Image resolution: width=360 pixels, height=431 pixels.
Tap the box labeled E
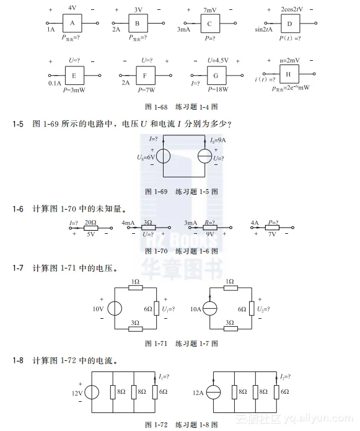[x=74, y=76]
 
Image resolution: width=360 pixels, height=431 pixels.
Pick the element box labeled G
[x=216, y=76]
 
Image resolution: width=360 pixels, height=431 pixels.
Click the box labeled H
[x=289, y=75]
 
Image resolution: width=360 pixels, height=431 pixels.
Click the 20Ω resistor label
[x=90, y=222]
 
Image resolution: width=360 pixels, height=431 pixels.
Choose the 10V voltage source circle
[x=114, y=309]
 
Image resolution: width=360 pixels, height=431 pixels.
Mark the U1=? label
[x=168, y=308]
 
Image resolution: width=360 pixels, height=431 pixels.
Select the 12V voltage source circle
[x=91, y=392]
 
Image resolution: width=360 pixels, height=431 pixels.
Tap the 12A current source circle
[x=214, y=392]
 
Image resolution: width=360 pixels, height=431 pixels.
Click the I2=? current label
[x=286, y=376]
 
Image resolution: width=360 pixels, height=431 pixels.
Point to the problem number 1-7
[x=18, y=269]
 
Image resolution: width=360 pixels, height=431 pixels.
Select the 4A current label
[x=254, y=222]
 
